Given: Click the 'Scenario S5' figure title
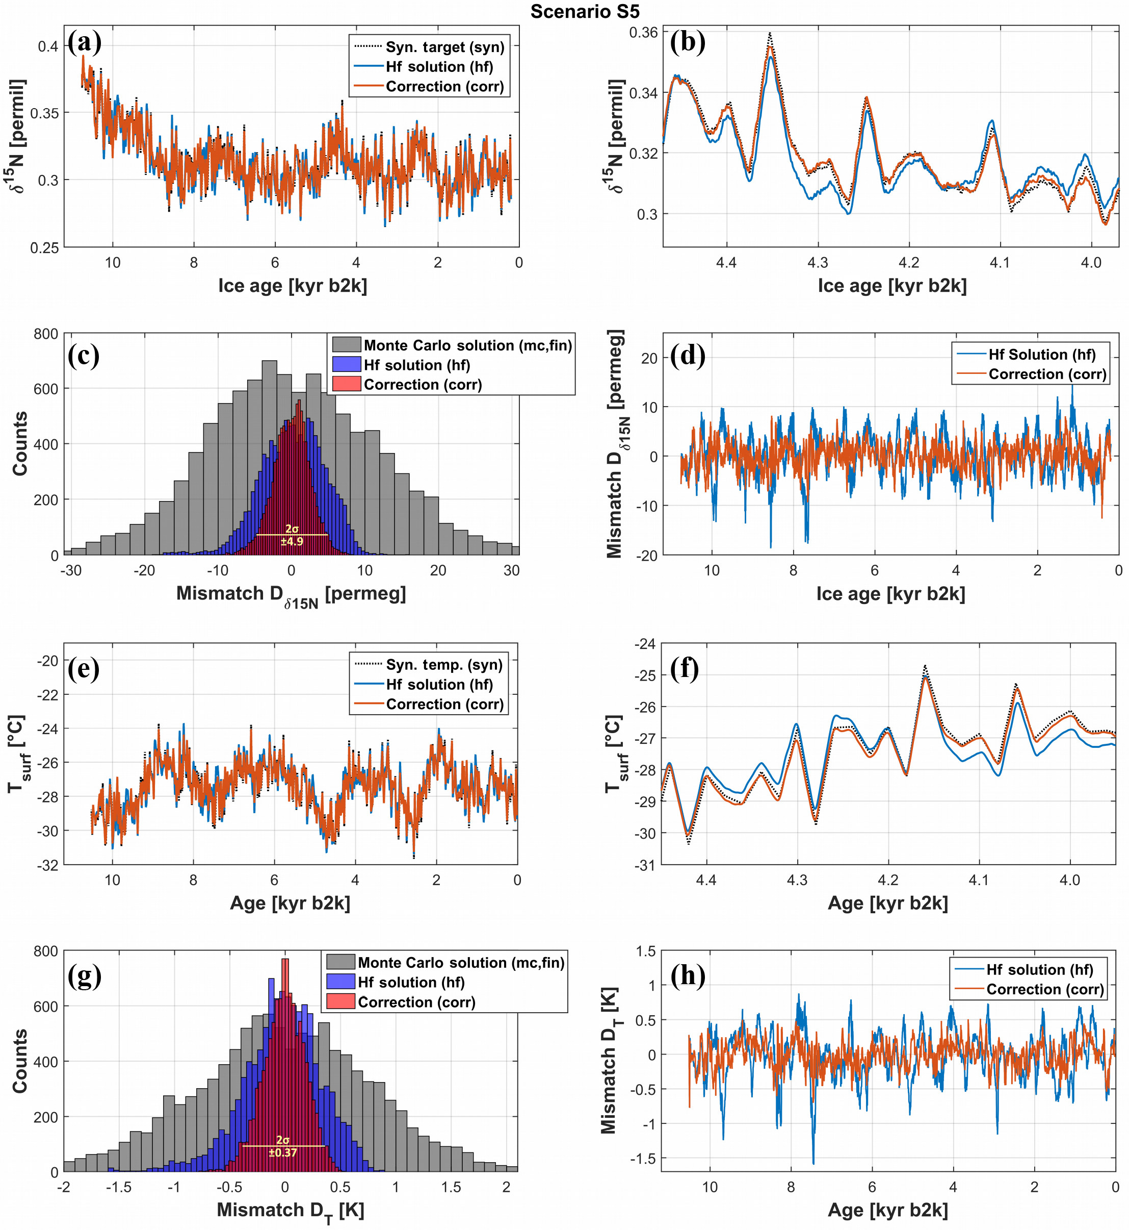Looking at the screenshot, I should click(584, 12).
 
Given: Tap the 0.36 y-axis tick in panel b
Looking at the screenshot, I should click(643, 32).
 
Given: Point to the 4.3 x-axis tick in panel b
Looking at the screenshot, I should click(818, 263).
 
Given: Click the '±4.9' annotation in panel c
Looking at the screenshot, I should click(292, 541).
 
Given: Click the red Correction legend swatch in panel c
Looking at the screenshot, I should click(346, 384).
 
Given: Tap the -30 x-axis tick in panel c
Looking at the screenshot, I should click(71, 570).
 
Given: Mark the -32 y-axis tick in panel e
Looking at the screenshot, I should click(47, 865).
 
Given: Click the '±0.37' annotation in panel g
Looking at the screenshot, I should click(283, 1152).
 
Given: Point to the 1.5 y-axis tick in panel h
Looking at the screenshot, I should click(645, 951).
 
